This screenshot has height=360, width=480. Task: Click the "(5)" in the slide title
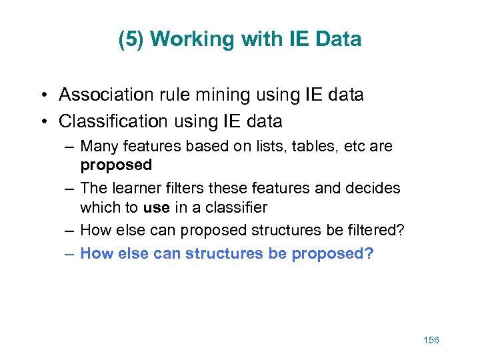coord(131,39)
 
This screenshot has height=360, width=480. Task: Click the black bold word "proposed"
coord(116,164)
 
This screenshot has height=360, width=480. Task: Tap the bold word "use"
coord(156,207)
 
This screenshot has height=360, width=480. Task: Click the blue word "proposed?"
coord(333,253)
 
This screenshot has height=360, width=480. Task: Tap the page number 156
coord(431,340)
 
